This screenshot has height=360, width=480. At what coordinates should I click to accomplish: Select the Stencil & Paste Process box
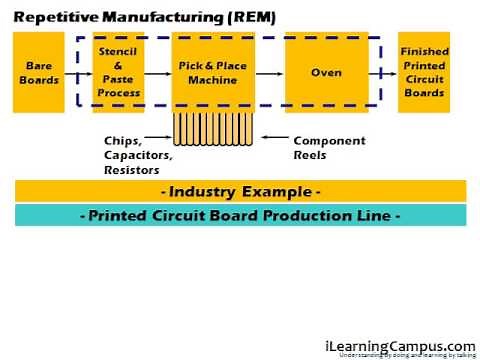tap(119, 72)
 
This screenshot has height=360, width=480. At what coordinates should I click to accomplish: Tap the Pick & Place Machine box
tap(212, 72)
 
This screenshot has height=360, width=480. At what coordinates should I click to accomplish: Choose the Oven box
tap(325, 72)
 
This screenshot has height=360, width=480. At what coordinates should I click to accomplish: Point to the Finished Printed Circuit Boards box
tap(424, 72)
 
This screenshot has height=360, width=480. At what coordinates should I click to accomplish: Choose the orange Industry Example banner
tap(240, 190)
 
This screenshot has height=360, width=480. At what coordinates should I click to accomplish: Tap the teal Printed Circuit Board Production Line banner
tap(240, 215)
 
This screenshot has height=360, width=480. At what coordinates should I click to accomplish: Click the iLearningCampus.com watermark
tap(400, 345)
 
